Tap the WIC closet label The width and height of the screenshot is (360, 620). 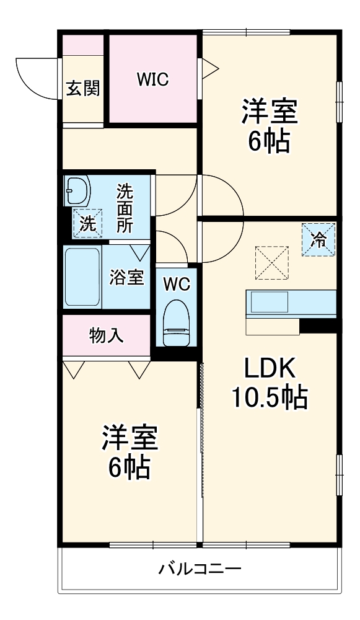(x=153, y=79)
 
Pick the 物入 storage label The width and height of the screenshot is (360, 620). (x=106, y=335)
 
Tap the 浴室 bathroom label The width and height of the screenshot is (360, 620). (x=126, y=277)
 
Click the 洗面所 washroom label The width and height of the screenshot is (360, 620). (x=125, y=208)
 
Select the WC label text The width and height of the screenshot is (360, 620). (x=177, y=285)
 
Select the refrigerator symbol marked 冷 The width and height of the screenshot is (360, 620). (x=319, y=239)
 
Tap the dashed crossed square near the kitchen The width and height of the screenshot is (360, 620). (x=272, y=262)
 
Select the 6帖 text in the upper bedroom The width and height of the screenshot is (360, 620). (x=270, y=142)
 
